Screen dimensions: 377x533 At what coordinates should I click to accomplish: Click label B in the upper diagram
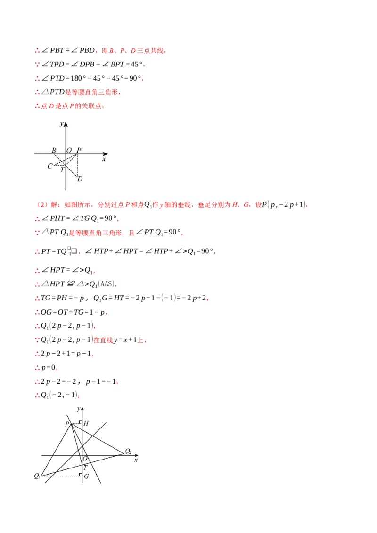54,150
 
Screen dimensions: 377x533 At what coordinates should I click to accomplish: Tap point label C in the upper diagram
50,166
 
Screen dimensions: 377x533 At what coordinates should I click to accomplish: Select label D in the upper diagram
80,179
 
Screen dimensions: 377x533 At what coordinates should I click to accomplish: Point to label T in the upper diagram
62,170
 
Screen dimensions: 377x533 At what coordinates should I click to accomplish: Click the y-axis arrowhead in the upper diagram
66,124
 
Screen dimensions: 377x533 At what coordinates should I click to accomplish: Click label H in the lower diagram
86,423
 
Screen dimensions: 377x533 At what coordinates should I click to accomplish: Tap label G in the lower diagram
86,476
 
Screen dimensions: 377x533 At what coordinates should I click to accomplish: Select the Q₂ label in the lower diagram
128,452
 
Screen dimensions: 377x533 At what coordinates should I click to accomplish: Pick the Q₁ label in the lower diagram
37,476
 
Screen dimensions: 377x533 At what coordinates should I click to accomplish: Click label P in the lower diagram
67,424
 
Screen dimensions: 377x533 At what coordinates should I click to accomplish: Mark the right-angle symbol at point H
80,422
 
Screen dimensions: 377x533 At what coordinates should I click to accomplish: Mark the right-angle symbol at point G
80,475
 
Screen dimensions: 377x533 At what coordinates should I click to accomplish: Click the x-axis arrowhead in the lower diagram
136,455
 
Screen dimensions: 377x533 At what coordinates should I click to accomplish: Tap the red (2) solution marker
42,205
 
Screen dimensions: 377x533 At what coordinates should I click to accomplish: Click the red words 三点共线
150,51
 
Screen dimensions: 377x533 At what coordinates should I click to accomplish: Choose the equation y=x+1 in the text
125,340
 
